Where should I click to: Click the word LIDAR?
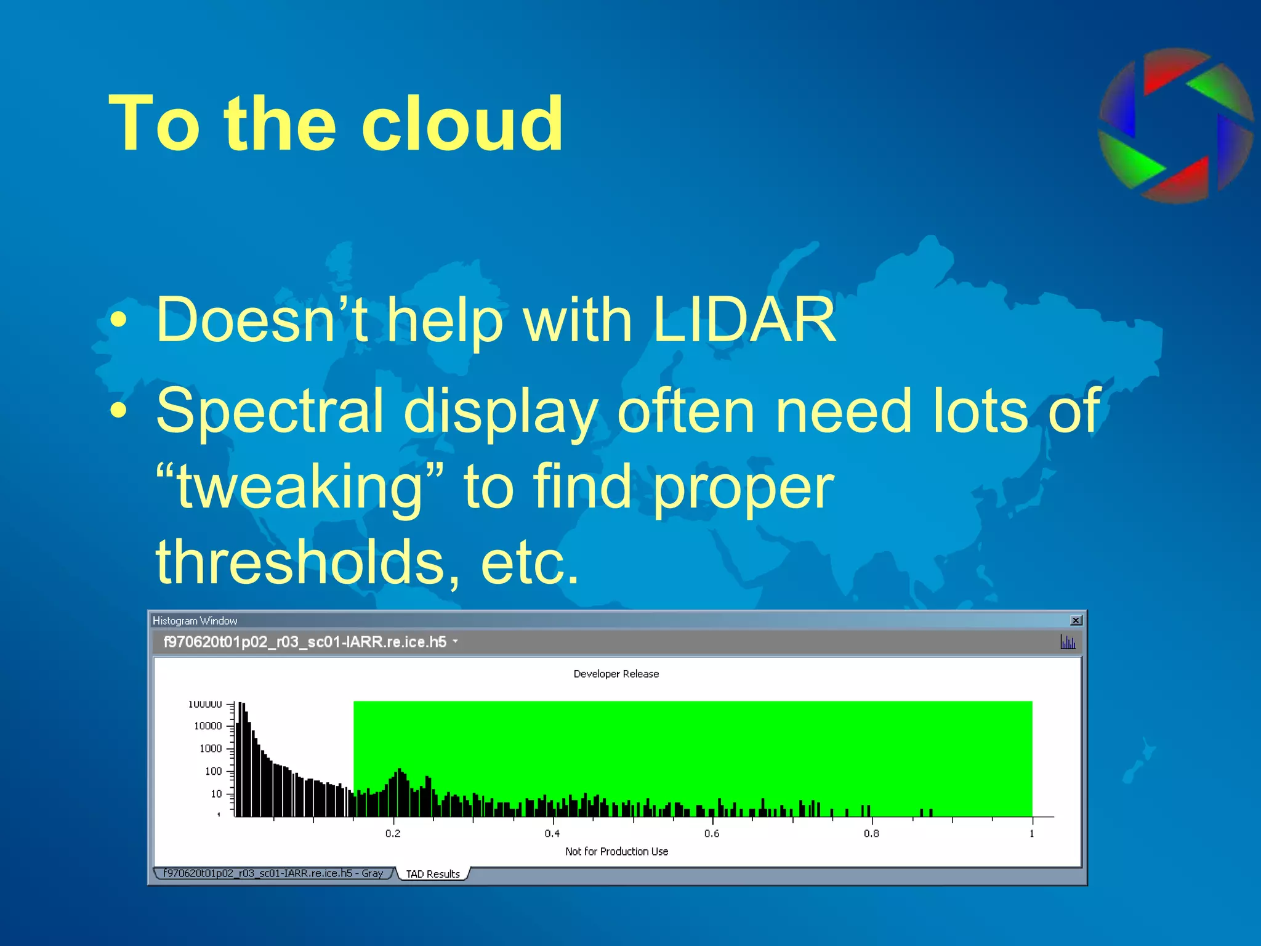(744, 320)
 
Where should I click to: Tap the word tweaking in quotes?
(299, 488)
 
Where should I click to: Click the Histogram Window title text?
(195, 621)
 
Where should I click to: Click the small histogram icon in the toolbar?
(1068, 642)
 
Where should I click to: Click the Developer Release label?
(616, 674)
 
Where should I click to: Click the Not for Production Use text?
(616, 851)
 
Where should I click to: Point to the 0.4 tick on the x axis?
(552, 833)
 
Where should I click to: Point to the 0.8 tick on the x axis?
(871, 833)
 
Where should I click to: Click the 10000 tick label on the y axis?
(208, 726)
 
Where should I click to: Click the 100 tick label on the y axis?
(213, 771)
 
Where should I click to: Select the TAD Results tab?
(433, 874)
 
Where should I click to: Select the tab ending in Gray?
(273, 873)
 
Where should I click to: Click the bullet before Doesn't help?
(118, 320)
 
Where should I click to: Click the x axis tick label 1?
(1032, 833)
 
